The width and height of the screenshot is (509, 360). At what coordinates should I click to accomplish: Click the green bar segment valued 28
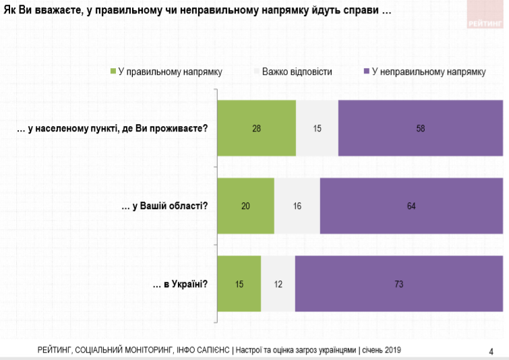(x=256, y=128)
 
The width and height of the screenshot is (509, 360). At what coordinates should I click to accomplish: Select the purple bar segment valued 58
(x=420, y=128)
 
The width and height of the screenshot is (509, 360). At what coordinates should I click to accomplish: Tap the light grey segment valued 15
(x=317, y=128)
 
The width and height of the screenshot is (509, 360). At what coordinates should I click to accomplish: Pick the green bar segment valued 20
(x=245, y=206)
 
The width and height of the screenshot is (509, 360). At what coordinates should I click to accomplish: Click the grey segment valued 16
(x=297, y=206)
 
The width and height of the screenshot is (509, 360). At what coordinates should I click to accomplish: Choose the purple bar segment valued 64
(x=411, y=206)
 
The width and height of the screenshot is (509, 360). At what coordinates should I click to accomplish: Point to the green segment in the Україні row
(x=239, y=284)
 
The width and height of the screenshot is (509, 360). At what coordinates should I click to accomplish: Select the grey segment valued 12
(x=278, y=284)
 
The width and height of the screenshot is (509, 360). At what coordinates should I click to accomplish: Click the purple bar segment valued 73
(x=398, y=284)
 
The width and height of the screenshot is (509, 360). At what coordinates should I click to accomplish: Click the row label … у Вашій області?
(x=164, y=206)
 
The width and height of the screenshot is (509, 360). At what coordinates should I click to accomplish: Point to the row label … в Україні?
(x=181, y=284)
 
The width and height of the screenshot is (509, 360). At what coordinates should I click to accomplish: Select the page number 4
(x=490, y=351)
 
